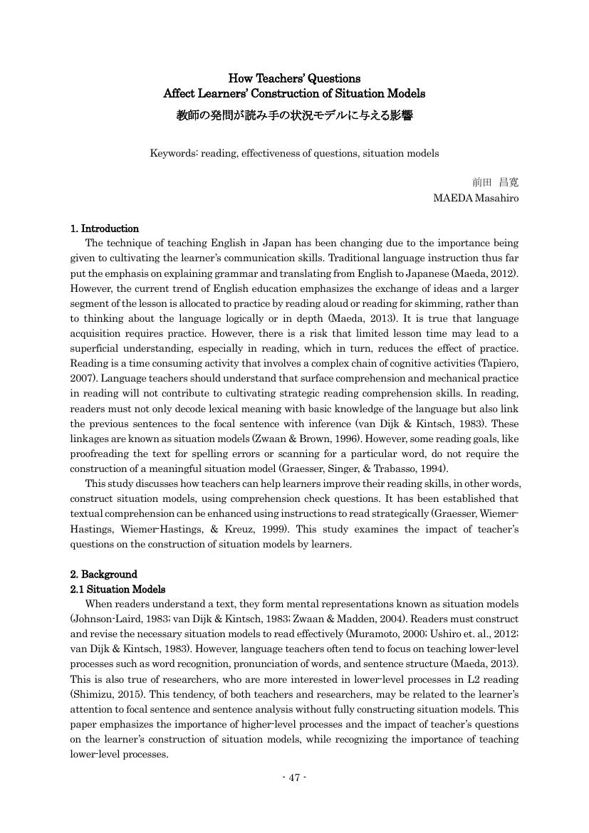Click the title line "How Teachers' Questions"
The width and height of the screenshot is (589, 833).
[294, 78]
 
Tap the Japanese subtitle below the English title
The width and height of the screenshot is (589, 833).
[294, 115]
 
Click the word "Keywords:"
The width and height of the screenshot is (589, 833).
[174, 153]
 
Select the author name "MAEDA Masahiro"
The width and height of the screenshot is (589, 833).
[476, 198]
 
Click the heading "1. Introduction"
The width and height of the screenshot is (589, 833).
[104, 229]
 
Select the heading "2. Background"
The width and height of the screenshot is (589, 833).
[103, 574]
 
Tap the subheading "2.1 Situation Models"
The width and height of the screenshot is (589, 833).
[118, 589]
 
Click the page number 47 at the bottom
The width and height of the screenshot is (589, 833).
[294, 777]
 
